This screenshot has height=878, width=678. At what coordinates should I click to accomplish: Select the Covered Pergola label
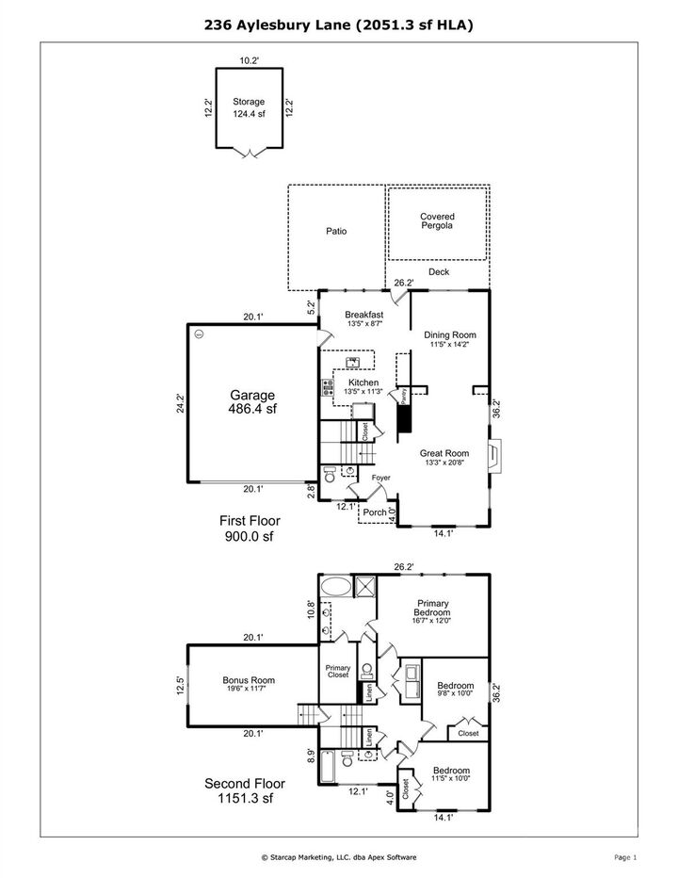coord(437,221)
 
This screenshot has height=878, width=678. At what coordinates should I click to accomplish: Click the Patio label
coord(336,231)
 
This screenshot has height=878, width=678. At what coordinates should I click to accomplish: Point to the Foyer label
coord(380,478)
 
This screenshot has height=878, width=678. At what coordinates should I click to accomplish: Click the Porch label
coord(376,513)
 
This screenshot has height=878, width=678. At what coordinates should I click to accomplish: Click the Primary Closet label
coord(337,671)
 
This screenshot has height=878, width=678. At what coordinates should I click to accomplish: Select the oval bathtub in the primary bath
coord(334,586)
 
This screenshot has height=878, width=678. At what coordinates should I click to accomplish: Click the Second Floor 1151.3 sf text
coord(245,789)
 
